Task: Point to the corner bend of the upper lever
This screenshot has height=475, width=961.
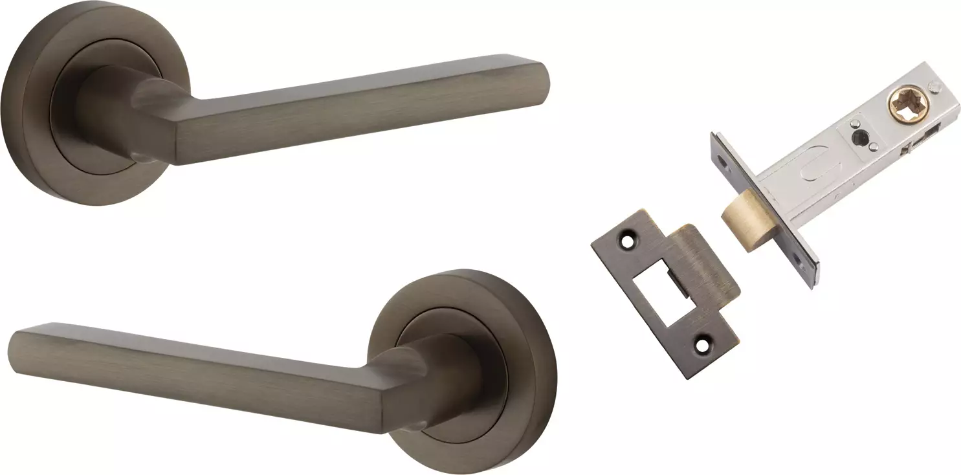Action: tap(188, 129)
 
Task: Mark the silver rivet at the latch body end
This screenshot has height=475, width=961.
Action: tap(933, 85)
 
